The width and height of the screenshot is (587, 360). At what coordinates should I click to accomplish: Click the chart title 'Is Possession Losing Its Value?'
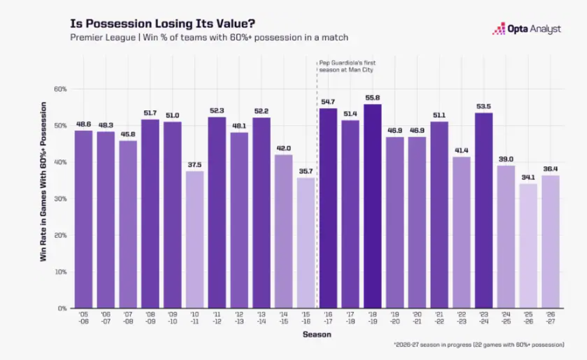pyautogui.click(x=162, y=23)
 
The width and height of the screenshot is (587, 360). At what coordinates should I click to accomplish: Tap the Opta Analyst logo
pyautogui.click(x=526, y=29)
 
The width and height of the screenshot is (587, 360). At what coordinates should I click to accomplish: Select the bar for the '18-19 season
pyautogui.click(x=372, y=206)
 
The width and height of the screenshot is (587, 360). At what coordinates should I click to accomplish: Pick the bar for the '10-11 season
pyautogui.click(x=194, y=240)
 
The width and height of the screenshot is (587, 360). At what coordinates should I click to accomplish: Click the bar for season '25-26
pyautogui.click(x=528, y=246)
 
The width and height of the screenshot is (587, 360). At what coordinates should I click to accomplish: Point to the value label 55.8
pyautogui.click(x=372, y=98)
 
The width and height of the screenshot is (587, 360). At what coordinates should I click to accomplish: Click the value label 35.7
pyautogui.click(x=306, y=171)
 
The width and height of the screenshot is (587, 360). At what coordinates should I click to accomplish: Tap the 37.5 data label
pyautogui.click(x=194, y=165)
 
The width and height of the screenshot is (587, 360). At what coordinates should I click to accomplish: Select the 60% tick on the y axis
pyautogui.click(x=61, y=89)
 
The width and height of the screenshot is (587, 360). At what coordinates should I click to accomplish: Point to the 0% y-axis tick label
pyautogui.click(x=62, y=309)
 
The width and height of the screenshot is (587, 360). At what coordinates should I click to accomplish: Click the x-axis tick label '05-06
pyautogui.click(x=83, y=318)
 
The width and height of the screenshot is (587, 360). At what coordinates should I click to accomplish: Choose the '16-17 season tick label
pyautogui.click(x=328, y=318)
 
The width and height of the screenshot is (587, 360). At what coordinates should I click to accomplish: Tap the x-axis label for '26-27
pyautogui.click(x=550, y=318)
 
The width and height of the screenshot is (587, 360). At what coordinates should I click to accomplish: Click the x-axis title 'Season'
pyautogui.click(x=317, y=334)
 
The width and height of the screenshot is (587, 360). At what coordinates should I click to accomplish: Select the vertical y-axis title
pyautogui.click(x=44, y=181)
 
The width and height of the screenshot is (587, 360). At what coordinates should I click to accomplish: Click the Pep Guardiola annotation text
pyautogui.click(x=347, y=66)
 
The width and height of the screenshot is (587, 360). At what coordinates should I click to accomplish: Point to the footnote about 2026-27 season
pyautogui.click(x=479, y=344)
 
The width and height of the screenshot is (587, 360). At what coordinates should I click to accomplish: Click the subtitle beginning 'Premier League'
pyautogui.click(x=209, y=37)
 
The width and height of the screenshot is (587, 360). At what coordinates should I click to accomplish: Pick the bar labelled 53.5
pyautogui.click(x=484, y=210)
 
